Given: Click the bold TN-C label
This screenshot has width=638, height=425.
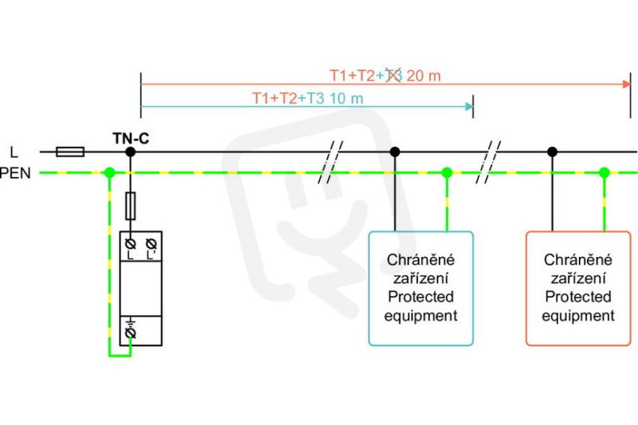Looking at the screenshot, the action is point(131,138).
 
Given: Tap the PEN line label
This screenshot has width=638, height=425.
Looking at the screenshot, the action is point(15,173).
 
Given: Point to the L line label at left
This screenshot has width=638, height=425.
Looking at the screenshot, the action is point(14,152).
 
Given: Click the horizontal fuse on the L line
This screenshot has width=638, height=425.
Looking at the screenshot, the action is point(70,152).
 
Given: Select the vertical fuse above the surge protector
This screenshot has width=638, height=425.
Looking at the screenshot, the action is point(130,206).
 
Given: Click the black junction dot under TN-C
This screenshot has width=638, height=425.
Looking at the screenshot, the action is point(130,152).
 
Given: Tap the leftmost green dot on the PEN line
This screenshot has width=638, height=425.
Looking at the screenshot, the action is point(109,173).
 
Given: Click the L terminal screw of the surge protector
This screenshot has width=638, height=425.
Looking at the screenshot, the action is point(130,244).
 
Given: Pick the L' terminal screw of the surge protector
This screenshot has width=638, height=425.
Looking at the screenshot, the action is point(151,244).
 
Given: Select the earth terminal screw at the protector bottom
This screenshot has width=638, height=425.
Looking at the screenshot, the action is point(130,333).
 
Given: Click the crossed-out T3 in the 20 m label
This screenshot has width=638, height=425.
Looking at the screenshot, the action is point(393,75).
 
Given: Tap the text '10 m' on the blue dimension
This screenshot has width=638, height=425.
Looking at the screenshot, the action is point(346,98).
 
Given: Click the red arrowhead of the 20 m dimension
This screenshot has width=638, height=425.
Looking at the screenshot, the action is point(627,85).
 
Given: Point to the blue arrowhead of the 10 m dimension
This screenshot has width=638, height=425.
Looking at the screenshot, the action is point(469,107).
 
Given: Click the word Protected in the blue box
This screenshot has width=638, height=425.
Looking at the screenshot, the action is point(421,297).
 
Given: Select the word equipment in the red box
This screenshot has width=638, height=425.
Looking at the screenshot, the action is point(578,316).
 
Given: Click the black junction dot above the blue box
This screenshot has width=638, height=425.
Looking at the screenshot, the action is point(395,152).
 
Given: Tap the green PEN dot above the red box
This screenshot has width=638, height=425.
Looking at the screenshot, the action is point(605,173).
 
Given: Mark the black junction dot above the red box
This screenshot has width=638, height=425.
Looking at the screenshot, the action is point(552,152).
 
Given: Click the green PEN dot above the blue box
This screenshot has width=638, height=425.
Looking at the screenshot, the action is point(447,173).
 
